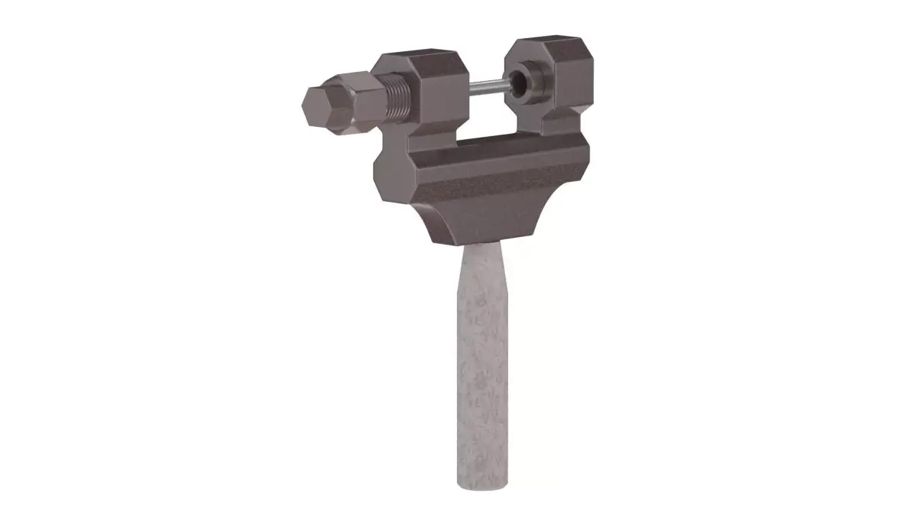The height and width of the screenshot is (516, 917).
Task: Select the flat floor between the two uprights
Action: (x=489, y=138)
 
